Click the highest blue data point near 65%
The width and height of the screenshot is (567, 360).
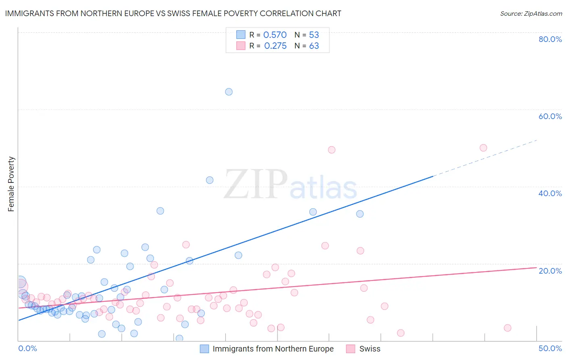pos(229,92)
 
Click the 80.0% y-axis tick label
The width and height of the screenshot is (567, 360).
pos(550,39)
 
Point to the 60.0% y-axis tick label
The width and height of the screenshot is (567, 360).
pos(550,116)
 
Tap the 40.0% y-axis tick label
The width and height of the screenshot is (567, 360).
pos(550,193)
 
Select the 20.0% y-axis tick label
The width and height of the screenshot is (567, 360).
pos(550,270)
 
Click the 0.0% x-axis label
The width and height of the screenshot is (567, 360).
pos(27,348)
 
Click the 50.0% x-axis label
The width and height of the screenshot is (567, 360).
pos(550,348)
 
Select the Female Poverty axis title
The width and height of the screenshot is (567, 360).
pos(11,184)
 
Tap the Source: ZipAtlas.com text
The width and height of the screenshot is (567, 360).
pos(531,13)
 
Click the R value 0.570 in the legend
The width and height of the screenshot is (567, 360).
pos(275,35)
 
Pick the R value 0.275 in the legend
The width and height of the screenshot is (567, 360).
pos(275,46)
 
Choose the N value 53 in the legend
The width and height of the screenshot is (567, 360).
pos(314,35)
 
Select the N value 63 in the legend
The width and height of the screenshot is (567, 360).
pos(314,46)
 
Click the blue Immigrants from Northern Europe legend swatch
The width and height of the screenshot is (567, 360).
pos(204,349)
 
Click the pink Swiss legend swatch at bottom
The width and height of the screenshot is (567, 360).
pos(350,349)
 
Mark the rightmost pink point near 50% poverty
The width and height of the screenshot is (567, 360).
pos(483,148)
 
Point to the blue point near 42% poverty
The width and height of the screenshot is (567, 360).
pos(210,180)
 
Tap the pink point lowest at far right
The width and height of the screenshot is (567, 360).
pos(507,328)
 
